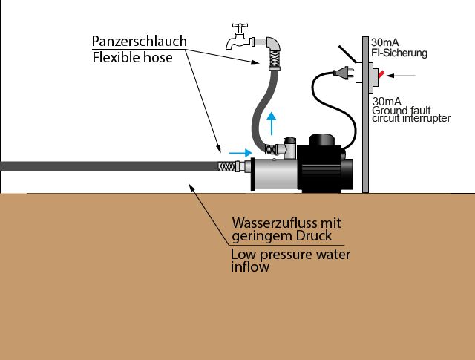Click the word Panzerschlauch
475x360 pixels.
(139, 41)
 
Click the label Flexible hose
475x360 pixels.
(132, 58)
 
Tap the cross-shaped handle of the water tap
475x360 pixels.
(240, 27)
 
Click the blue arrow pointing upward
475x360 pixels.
(272, 123)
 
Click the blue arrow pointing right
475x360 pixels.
(240, 153)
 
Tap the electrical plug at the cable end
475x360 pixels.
(343, 73)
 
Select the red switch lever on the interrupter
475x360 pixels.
(381, 74)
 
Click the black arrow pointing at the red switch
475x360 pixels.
(401, 76)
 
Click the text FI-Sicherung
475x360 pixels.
(399, 53)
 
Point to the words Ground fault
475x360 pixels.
(402, 110)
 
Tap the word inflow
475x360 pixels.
(250, 267)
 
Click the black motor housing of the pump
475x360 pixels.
(325, 164)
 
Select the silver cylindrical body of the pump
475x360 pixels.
(275, 174)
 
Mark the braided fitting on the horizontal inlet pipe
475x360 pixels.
(227, 166)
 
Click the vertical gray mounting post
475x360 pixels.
(366, 114)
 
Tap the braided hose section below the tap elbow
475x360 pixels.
(274, 59)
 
